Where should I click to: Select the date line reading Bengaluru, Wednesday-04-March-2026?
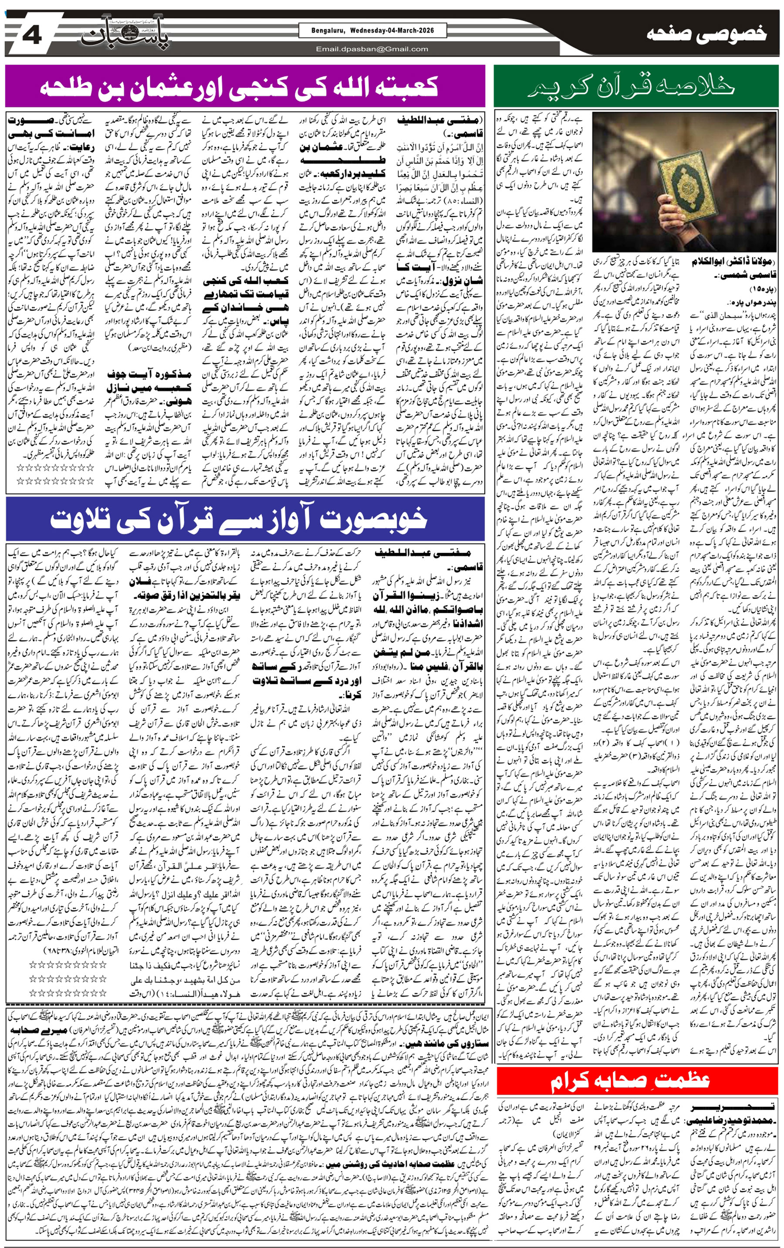pos(372,30)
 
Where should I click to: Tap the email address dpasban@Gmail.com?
pos(372,49)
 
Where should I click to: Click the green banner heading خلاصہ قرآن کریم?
pos(636,86)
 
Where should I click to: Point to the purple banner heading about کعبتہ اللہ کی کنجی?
pos(240,86)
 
